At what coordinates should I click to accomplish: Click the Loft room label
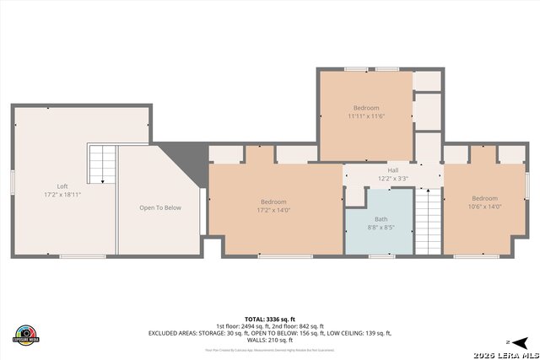[62, 186]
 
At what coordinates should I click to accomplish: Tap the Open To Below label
[160, 207]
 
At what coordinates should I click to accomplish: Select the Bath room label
[382, 218]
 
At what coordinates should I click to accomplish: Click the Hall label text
[393, 170]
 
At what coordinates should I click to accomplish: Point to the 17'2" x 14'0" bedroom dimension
[274, 210]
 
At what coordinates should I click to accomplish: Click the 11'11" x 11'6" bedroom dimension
[366, 116]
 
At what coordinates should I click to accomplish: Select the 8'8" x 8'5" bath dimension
[382, 227]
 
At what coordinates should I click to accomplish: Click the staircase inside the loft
[102, 164]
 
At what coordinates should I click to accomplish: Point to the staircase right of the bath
[428, 221]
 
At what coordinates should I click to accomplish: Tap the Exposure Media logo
[26, 334]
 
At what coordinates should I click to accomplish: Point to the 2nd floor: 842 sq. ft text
[295, 326]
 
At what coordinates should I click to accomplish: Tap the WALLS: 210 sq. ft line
[270, 340]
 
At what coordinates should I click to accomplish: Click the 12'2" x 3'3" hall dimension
[393, 179]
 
